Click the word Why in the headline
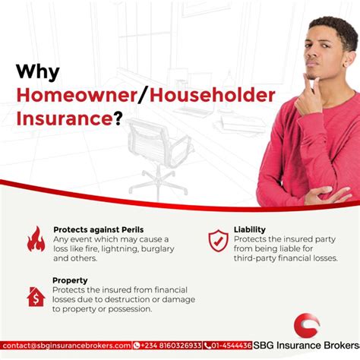[x=38, y=72]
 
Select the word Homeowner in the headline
[x=77, y=96]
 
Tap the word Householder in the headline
[x=212, y=96]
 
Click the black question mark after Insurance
[x=118, y=118]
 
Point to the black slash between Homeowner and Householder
[x=144, y=96]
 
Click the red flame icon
[x=36, y=239]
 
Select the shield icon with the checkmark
[x=218, y=241]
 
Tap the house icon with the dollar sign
[x=36, y=297]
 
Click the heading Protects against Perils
[x=99, y=229]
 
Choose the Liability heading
[x=250, y=229]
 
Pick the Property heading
[x=70, y=280]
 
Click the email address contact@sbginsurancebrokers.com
[x=67, y=346]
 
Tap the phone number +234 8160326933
[x=171, y=346]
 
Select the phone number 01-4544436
[x=232, y=346]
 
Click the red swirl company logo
[x=307, y=326]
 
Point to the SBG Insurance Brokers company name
[x=306, y=346]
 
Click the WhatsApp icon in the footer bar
[x=137, y=346]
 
